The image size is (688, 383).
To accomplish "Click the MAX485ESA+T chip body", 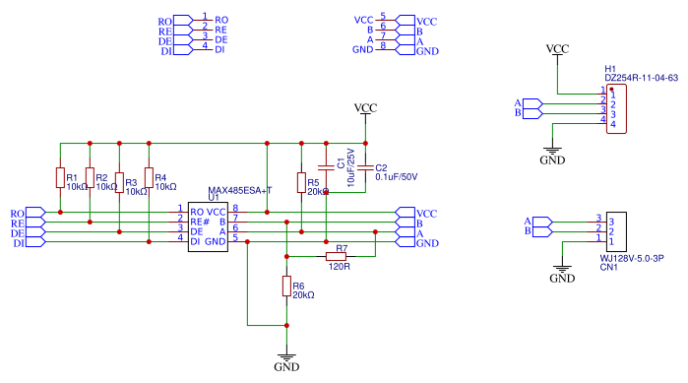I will click(x=208, y=225).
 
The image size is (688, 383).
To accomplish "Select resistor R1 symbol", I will click(x=60, y=178).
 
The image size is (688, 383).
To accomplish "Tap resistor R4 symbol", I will click(x=149, y=178).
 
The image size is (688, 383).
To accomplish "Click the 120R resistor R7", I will click(x=342, y=257).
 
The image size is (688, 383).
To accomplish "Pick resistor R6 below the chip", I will click(x=286, y=287).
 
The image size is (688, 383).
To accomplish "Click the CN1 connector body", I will click(x=614, y=230).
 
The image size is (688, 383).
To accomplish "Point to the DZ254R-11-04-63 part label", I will click(x=641, y=77).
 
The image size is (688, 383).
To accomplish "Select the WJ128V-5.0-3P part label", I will click(x=632, y=259).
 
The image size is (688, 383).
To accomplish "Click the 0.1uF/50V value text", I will click(x=397, y=177).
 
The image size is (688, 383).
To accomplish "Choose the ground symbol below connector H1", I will click(x=553, y=154).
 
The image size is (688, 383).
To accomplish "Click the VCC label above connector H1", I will click(x=557, y=48).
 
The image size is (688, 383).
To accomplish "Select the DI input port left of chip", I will click(x=28, y=242).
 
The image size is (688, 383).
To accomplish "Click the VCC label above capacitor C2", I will click(x=365, y=107).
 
